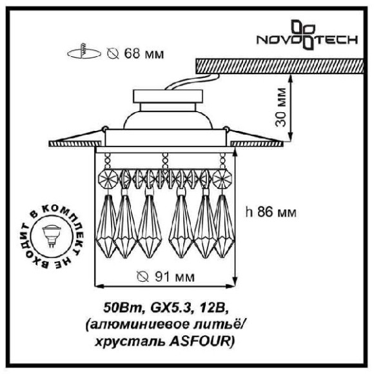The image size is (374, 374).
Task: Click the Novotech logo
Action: click(307, 35)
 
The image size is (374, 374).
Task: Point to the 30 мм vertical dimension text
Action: click(280, 107)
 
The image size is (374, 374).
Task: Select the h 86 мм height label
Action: click(271, 212)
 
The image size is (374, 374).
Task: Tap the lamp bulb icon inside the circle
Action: click(52, 235)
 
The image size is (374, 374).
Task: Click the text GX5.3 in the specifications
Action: click(171, 308)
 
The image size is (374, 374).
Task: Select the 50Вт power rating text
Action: click(123, 308)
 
